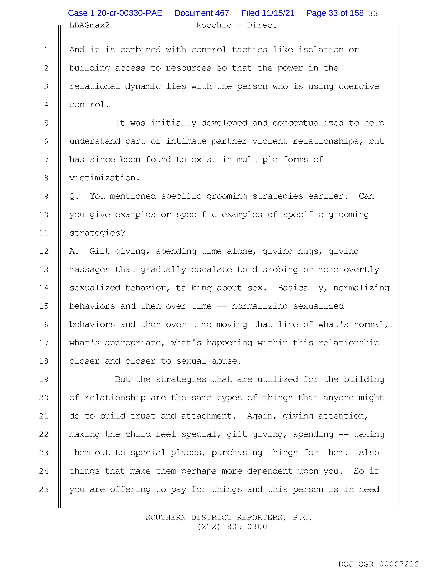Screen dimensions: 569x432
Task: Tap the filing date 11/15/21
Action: [278, 13]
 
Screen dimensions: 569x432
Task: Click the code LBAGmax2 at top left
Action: [89, 25]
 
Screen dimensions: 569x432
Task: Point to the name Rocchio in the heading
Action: [214, 25]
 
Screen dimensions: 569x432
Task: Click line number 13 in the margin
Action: [44, 269]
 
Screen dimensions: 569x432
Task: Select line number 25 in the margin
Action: [44, 490]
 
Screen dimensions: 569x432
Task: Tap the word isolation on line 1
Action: [321, 50]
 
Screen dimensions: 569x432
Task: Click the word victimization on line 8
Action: [102, 178]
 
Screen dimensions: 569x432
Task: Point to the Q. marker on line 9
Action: [74, 196]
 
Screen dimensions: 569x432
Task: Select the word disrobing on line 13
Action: [275, 269]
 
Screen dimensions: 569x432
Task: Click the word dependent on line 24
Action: [270, 471]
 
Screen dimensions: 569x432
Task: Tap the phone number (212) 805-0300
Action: [232, 527]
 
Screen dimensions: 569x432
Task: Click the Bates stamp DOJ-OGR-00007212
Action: [378, 564]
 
